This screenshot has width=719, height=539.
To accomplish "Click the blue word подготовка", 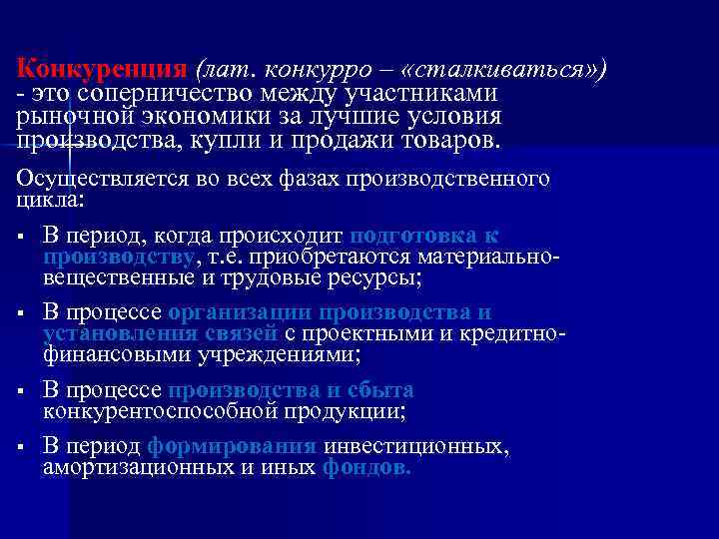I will coord(409,235).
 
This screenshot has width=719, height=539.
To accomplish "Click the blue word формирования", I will coord(232,447).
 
